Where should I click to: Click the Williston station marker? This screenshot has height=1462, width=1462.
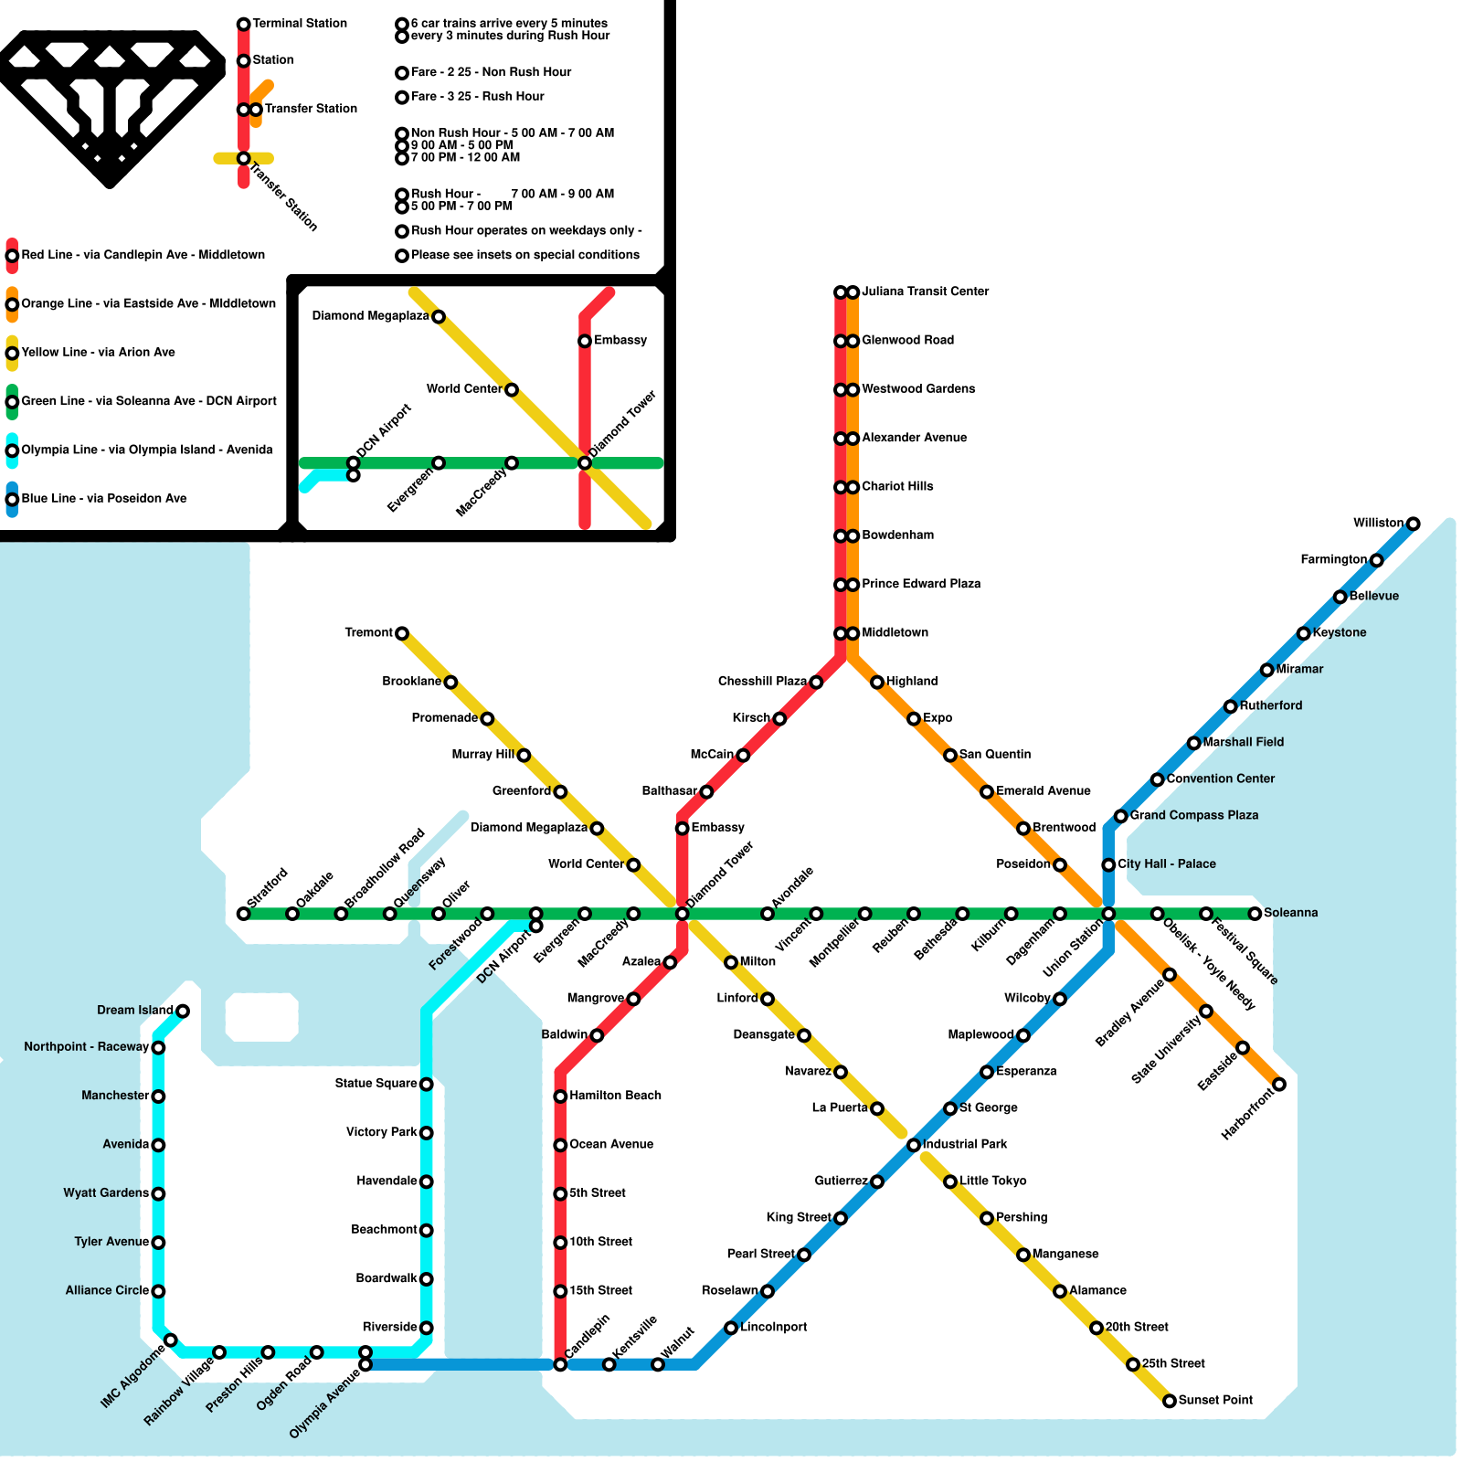pos(1413,524)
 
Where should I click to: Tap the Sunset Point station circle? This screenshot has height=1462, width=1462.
pos(1170,1401)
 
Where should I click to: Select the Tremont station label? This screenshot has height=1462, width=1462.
pos(368,632)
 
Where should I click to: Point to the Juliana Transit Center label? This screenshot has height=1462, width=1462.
pos(925,291)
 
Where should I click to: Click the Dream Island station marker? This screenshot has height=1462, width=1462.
pos(183,1011)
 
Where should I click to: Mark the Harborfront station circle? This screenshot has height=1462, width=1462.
pos(1279,1085)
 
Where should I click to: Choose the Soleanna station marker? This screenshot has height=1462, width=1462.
pos(1255,914)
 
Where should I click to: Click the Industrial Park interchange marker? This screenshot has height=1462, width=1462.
pos(914,1145)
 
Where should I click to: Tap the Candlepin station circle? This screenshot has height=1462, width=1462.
pos(560,1364)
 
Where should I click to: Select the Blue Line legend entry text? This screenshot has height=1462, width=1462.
pos(103,498)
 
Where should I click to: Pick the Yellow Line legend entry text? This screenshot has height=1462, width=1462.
pos(98,352)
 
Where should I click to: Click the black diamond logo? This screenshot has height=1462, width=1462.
pos(110,105)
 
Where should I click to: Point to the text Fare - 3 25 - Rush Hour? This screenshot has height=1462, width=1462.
pos(477,96)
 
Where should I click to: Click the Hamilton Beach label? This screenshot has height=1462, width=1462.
pos(615,1096)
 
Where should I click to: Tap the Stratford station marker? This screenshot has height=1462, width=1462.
pos(243,914)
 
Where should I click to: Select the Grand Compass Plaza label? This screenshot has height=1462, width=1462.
pos(1193,815)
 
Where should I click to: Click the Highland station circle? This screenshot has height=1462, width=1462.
pos(877,682)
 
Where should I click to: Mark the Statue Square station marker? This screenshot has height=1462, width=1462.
pos(426,1084)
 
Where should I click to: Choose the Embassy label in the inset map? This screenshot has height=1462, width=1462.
pos(620,340)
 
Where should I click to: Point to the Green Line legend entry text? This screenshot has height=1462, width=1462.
pos(148,401)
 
